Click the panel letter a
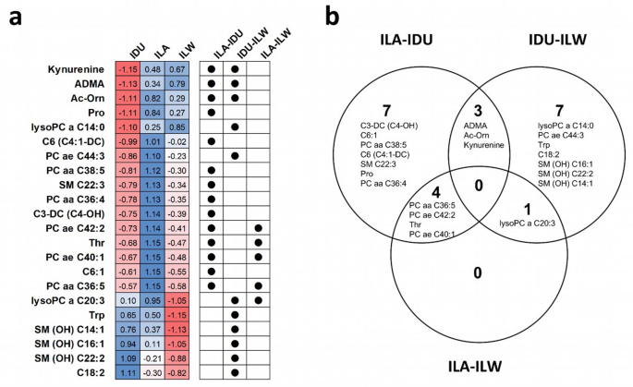coord(12,18)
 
